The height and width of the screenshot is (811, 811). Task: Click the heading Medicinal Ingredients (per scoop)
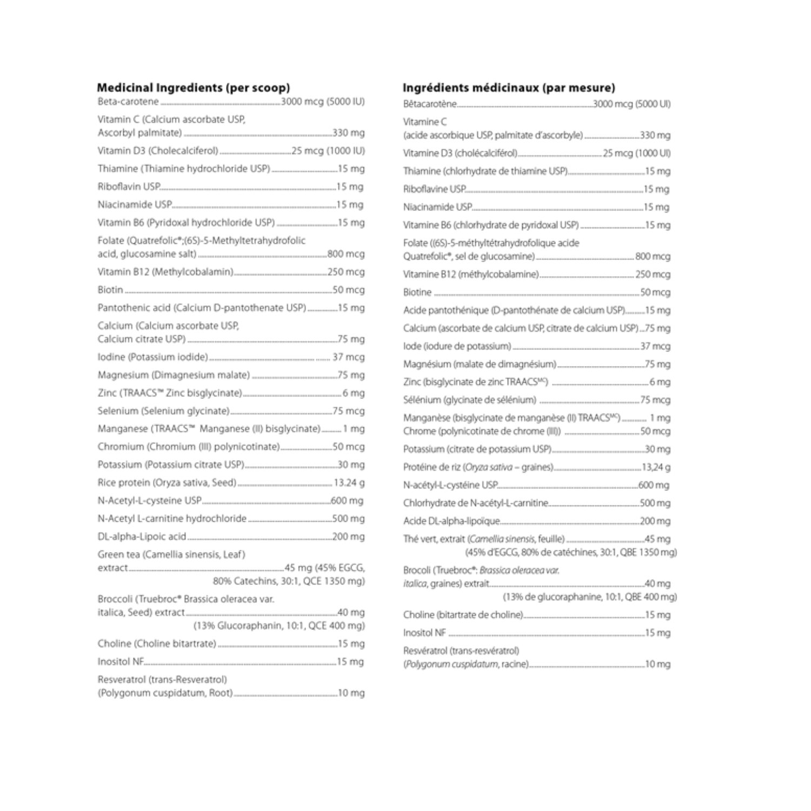point(193,88)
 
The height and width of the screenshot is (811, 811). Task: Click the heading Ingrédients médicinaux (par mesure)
point(509,88)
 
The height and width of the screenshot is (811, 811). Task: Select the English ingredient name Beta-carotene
point(128,102)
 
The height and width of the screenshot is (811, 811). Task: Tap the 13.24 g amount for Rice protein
point(349,483)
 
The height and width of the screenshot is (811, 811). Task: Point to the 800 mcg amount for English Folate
point(346,254)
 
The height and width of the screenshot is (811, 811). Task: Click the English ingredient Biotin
point(110,290)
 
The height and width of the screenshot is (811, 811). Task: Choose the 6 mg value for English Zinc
point(354,393)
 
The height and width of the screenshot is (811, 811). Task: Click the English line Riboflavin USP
point(129,187)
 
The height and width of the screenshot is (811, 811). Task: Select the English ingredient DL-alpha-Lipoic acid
point(142,537)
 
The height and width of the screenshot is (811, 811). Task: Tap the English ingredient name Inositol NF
point(121,662)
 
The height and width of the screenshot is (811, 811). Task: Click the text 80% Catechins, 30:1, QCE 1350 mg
point(289,582)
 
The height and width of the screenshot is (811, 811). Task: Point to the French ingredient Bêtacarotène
point(430,104)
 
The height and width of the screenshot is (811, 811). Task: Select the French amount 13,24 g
point(656,467)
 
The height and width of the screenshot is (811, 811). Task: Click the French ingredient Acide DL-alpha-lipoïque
point(451,521)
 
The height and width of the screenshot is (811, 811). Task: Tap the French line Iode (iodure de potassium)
point(457,346)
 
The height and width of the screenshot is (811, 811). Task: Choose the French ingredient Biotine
point(417,293)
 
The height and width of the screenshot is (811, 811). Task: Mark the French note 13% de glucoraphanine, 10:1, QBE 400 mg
point(590,597)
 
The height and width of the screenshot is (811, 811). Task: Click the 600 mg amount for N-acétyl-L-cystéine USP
point(654,486)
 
